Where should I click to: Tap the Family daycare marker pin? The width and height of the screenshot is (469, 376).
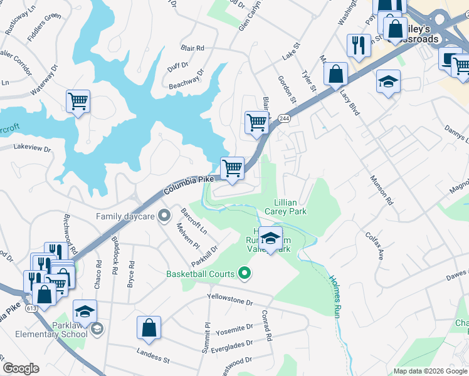coord(164,216)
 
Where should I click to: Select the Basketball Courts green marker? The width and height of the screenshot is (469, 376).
coord(245,273)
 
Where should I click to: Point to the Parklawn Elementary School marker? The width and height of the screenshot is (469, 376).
coord(97,329)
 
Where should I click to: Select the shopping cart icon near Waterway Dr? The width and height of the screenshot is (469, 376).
coord(78,100)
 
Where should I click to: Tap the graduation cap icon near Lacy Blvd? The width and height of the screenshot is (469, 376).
coord(388,81)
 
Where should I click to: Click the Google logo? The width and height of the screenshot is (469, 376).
coord(21,368)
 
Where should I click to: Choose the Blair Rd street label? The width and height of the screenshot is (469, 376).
coord(192,48)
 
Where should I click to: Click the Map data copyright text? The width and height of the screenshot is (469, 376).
coord(429,371)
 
